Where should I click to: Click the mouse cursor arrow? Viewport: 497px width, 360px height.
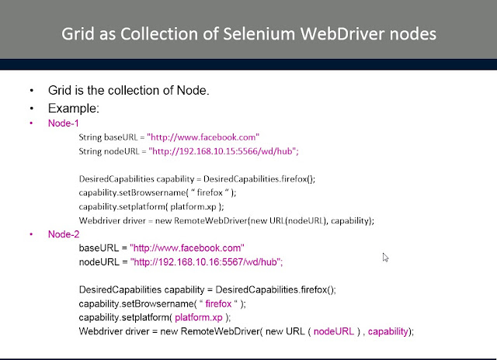pos(386,257)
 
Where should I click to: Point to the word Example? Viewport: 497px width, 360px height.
pos(73,108)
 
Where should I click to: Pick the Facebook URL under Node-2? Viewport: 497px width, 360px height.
pos(187,248)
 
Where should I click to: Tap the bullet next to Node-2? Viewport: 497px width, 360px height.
pos(32,234)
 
